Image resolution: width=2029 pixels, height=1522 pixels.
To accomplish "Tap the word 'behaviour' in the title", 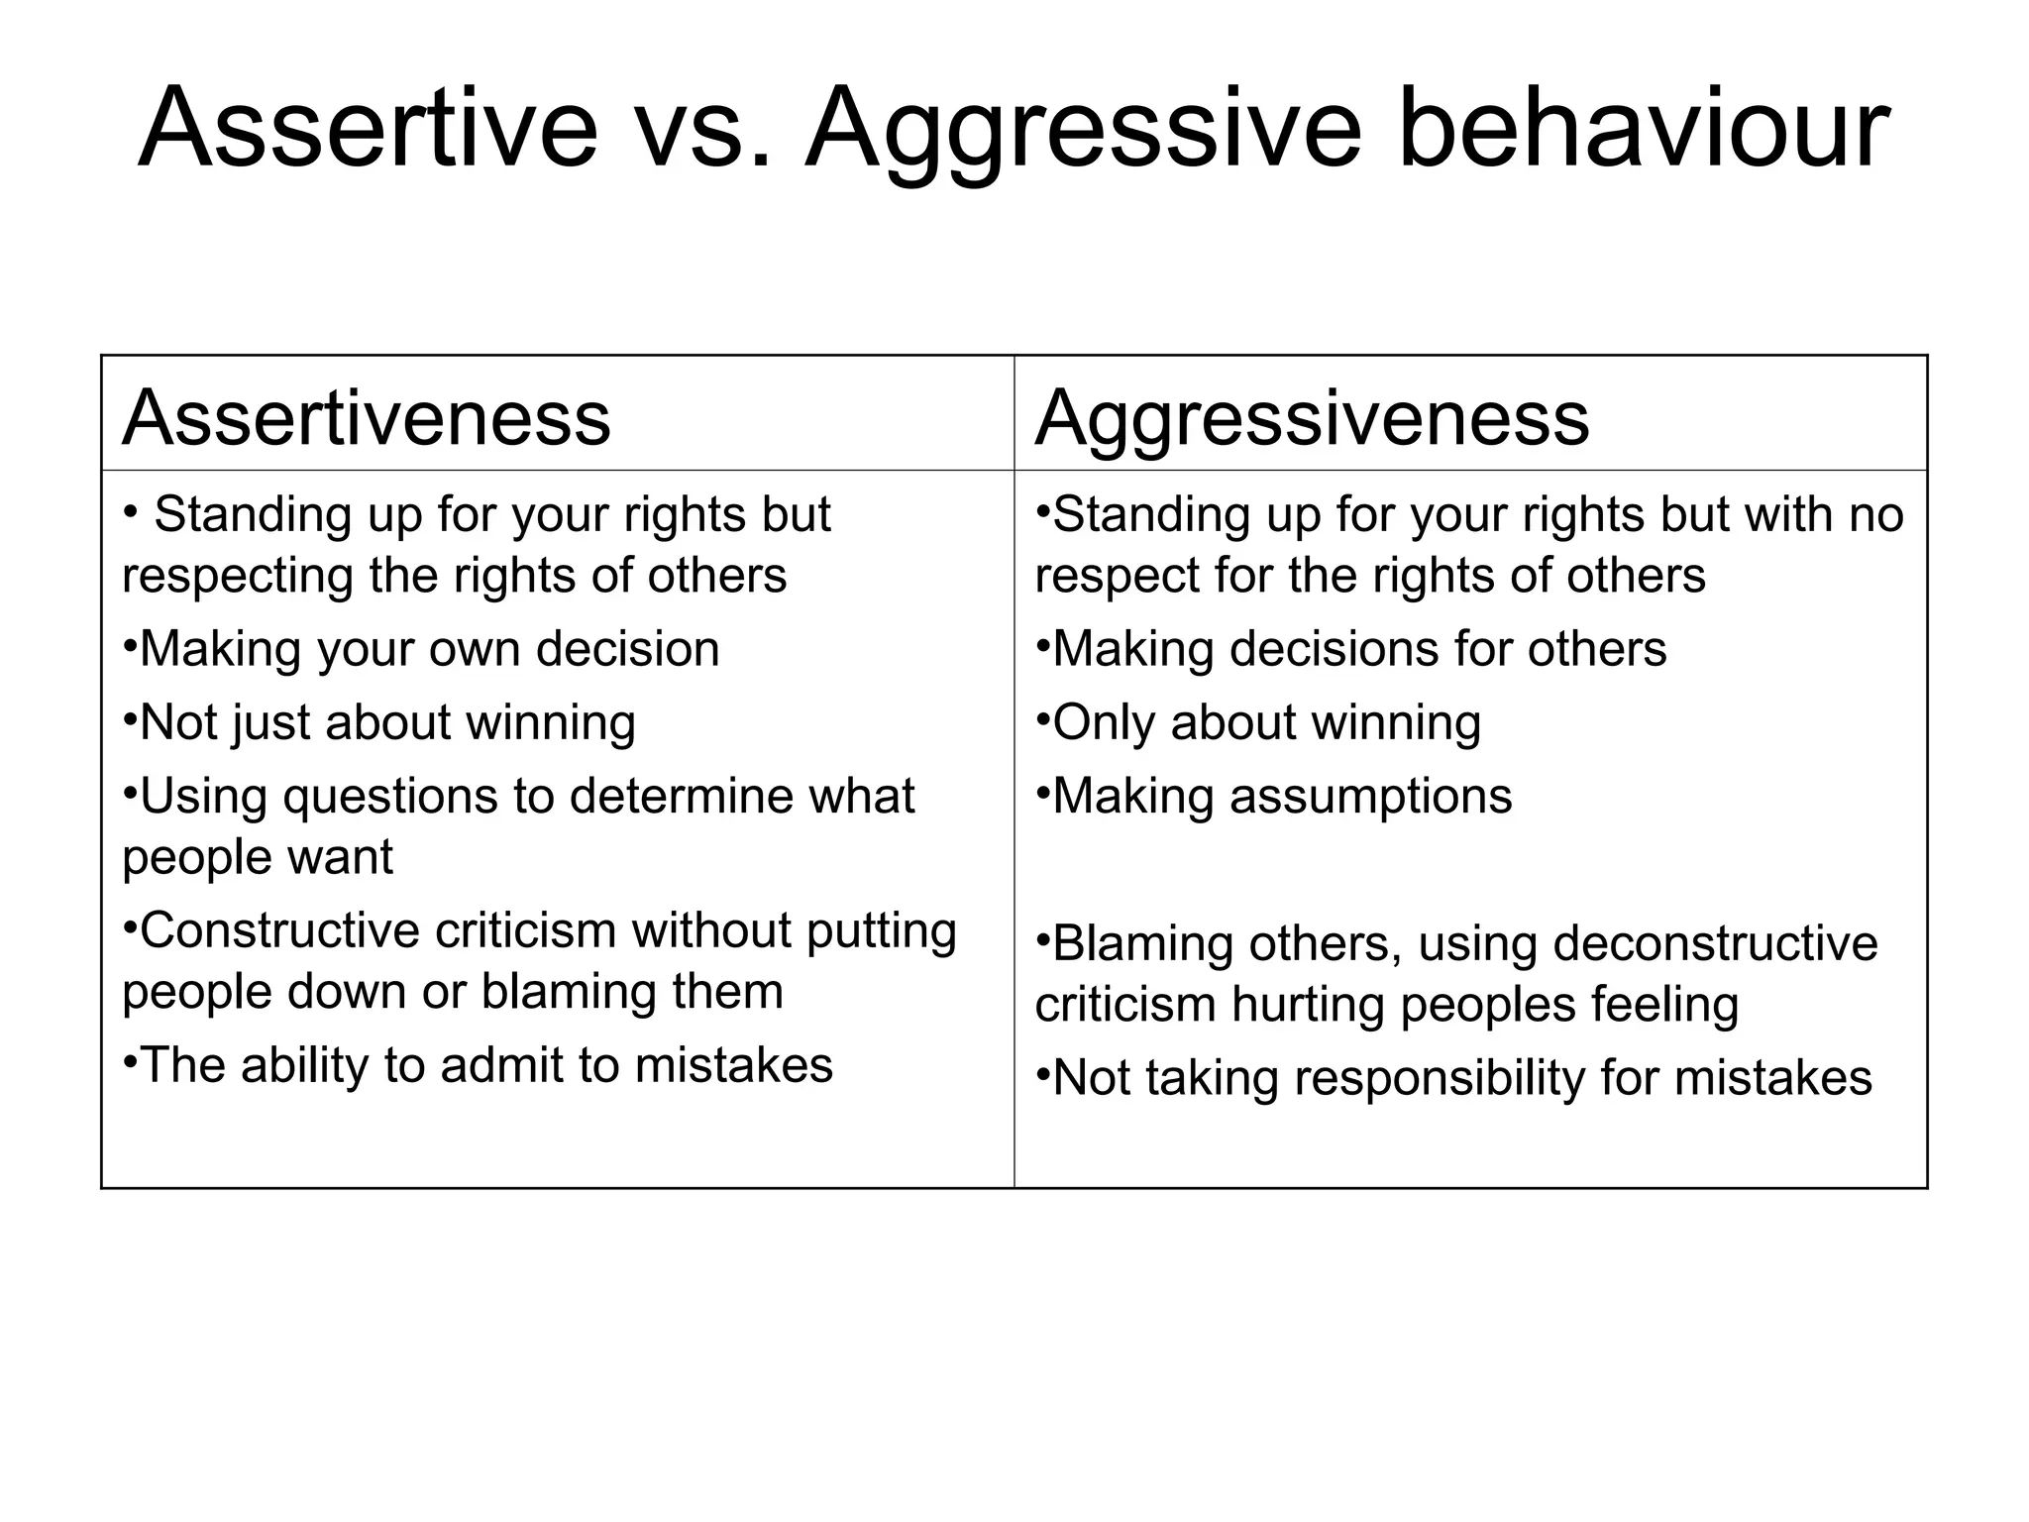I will pos(1643,129).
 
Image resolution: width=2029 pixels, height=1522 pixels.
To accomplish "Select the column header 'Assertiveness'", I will pos(366,418).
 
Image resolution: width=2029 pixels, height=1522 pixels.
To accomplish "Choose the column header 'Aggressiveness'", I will pos(1312,418).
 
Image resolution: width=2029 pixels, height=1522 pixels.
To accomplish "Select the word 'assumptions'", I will pos(1370,797).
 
